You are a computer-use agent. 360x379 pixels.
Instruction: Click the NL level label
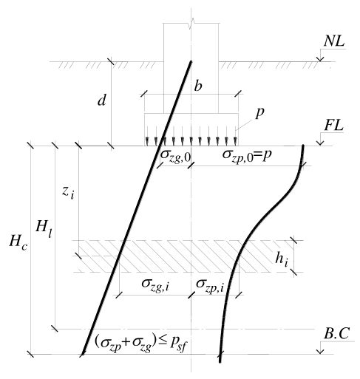coord(334,42)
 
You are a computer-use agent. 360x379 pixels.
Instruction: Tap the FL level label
coord(334,126)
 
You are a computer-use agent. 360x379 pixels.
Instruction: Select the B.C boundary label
coord(336,334)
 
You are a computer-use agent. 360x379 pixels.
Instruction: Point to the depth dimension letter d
coord(102,100)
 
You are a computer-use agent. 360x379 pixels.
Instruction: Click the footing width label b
coord(198,86)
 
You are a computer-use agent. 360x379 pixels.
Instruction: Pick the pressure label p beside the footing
coord(260,112)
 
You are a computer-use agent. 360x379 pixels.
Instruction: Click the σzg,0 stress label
coord(175,156)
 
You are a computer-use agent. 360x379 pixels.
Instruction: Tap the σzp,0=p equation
coord(247,155)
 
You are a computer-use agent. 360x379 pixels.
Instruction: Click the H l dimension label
coord(44,228)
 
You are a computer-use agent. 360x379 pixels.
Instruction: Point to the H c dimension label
coord(18,242)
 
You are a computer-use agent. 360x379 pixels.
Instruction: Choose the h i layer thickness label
coord(282,260)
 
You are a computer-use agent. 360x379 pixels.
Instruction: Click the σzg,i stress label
coord(155,284)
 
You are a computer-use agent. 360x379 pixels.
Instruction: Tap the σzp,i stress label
coord(210,285)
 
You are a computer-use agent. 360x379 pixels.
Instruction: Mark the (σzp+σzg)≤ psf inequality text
coord(141,343)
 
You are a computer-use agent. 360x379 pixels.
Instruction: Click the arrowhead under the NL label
coord(320,59)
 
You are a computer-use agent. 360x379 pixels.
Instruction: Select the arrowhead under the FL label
coord(320,143)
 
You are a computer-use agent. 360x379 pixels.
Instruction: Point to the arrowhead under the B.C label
coord(320,352)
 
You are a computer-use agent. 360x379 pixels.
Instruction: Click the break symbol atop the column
coord(191,24)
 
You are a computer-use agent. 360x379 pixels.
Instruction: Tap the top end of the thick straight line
coord(191,61)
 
